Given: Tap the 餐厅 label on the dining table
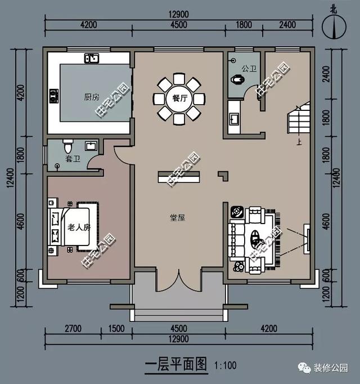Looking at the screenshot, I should coord(179,98).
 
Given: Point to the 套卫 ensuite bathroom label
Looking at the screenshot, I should coord(73,159).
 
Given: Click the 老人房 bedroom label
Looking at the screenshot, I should coord(79,227).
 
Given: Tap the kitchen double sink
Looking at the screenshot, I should coord(92,58).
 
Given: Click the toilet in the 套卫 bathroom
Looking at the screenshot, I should coord(68,147).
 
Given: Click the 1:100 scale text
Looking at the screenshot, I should coord(226,365).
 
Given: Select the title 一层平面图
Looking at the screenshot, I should coord(177,365).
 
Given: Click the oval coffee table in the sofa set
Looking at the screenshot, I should coord(257,238).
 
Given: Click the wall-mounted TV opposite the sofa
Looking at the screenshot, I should coord(307,238).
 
